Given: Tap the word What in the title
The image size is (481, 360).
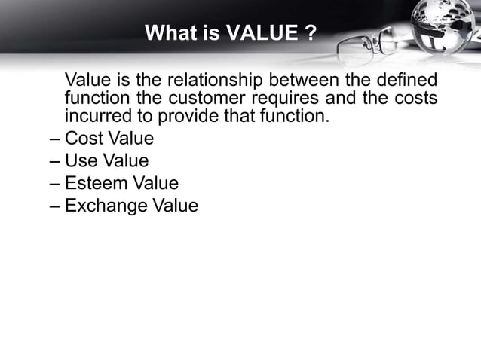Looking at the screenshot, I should tap(167, 34).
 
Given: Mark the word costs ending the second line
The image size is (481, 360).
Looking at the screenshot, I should tap(416, 99).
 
